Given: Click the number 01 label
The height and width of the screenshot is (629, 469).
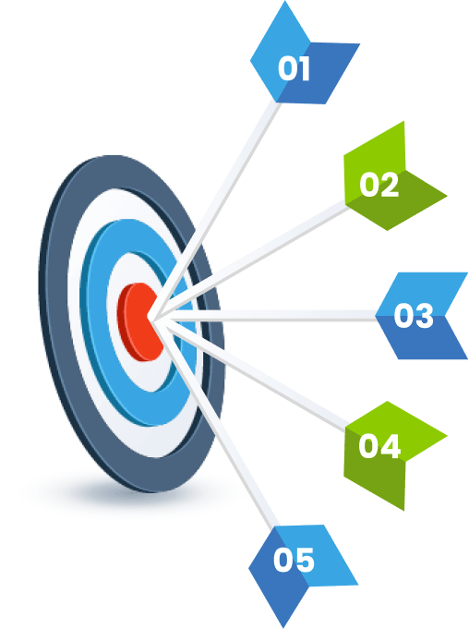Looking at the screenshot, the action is [x=294, y=68].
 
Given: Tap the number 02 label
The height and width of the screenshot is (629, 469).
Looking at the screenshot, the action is [x=379, y=185].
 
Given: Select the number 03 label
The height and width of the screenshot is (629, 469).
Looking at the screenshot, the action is [x=414, y=316].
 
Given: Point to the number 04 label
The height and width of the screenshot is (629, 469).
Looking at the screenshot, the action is [x=379, y=446].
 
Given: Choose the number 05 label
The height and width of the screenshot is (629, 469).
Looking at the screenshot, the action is [x=294, y=560].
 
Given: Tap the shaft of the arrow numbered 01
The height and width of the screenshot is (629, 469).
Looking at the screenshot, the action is [x=214, y=210].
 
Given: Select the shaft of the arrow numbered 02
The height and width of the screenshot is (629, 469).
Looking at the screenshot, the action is [x=249, y=261].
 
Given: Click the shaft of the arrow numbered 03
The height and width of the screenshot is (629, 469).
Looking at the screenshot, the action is [x=265, y=316].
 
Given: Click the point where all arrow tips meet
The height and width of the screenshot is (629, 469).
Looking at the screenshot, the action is [x=150, y=316].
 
